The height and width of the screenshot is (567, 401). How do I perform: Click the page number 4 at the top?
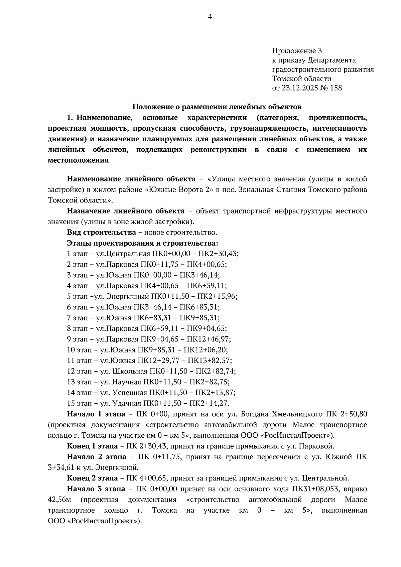210,17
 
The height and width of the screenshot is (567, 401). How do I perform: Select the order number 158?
336,88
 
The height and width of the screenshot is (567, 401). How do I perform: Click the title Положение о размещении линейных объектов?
217,107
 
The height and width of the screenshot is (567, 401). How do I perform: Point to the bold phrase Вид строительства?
101,232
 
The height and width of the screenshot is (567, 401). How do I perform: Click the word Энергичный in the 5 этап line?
128,296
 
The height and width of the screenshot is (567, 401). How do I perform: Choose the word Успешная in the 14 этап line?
130,393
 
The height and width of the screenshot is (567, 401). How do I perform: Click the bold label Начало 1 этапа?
96,414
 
